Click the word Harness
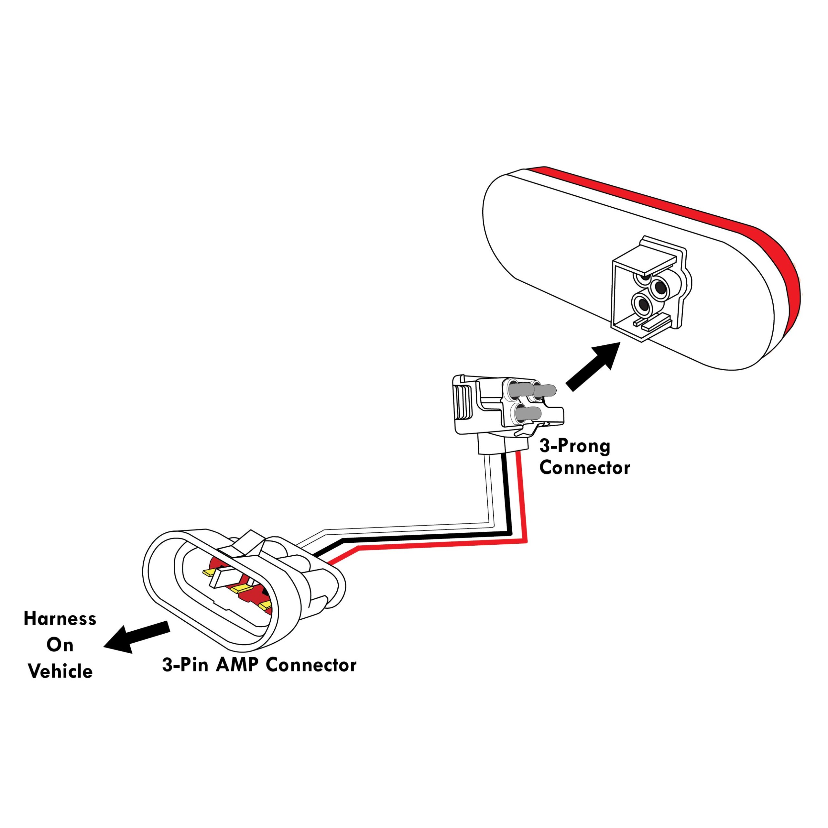click(60, 619)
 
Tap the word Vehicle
click(60, 671)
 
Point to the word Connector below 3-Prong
click(584, 468)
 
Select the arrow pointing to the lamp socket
click(593, 366)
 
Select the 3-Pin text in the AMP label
click(185, 665)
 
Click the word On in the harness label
click(60, 645)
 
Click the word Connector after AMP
click(311, 665)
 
